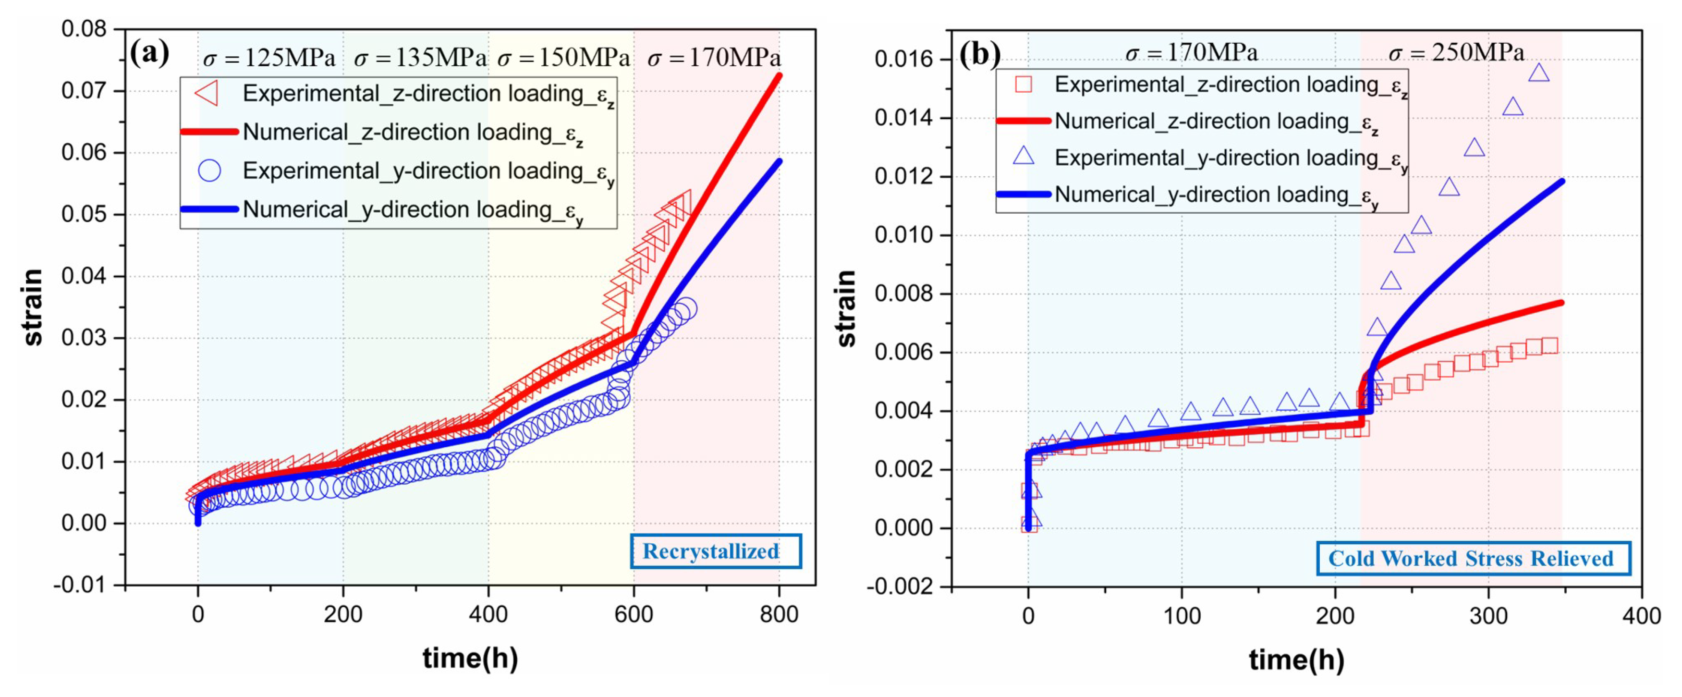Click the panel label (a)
click(149, 52)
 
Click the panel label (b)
click(979, 54)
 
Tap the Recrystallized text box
click(715, 551)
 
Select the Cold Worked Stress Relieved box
click(1473, 559)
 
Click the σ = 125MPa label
click(269, 59)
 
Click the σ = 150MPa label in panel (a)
click(563, 59)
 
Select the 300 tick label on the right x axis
click(1488, 616)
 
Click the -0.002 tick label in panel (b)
click(899, 587)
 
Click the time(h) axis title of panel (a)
click(470, 658)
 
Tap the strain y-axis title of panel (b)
click(846, 308)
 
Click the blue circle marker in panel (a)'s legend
click(209, 171)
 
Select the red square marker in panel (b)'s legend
click(1023, 84)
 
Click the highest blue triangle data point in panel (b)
click(1539, 73)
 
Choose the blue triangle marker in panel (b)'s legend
click(1023, 156)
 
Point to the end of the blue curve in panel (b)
click(1562, 181)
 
